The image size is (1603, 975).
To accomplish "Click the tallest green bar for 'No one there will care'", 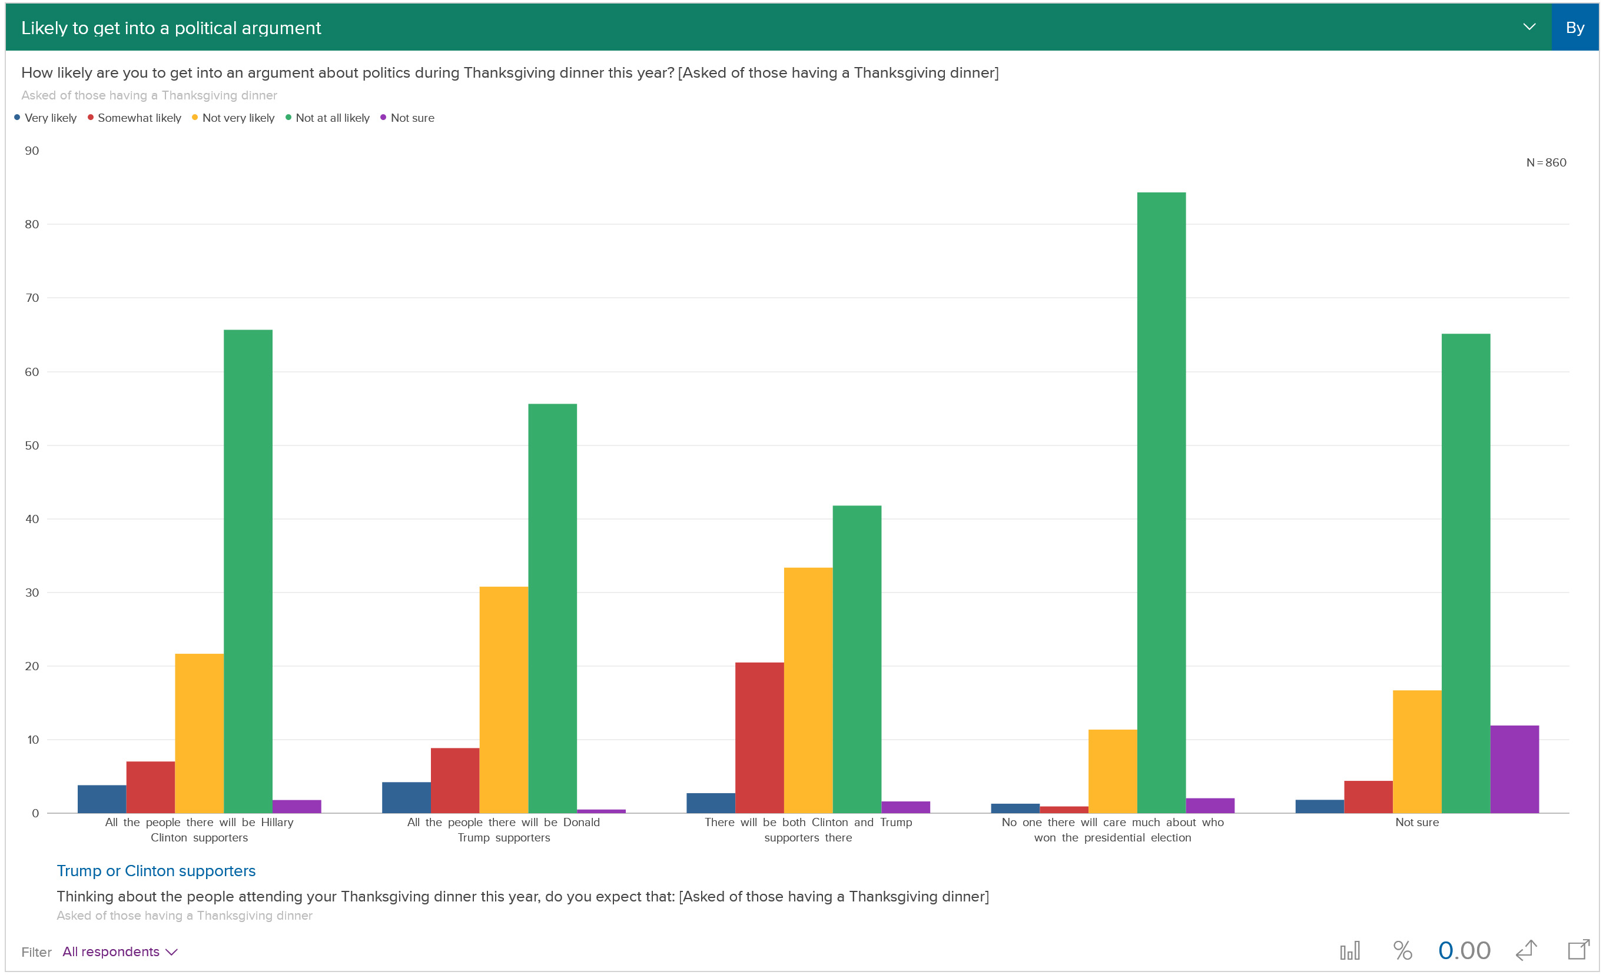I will coord(1161,502).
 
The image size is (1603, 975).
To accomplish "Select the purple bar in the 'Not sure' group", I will coord(1515,769).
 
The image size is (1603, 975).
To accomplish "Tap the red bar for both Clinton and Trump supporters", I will coord(759,738).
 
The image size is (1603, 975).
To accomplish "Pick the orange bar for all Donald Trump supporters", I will coord(503,699).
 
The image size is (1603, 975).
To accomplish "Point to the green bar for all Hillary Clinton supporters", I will coord(248,571).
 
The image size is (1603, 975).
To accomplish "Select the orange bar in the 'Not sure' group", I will coord(1417,751).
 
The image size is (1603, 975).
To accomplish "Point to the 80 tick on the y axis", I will coord(32,224).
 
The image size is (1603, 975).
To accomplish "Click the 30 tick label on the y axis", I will coord(32,593).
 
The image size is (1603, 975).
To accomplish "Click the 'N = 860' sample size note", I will coord(1546,162).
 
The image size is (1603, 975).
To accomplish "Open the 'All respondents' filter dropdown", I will coord(119,951).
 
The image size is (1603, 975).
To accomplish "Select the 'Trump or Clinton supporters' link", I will coord(156,871).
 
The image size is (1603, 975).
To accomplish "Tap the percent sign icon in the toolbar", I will coord(1403,951).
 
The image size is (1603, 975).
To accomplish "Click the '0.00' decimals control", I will coord(1464,951).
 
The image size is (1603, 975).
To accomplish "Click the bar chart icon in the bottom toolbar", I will coord(1350,951).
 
